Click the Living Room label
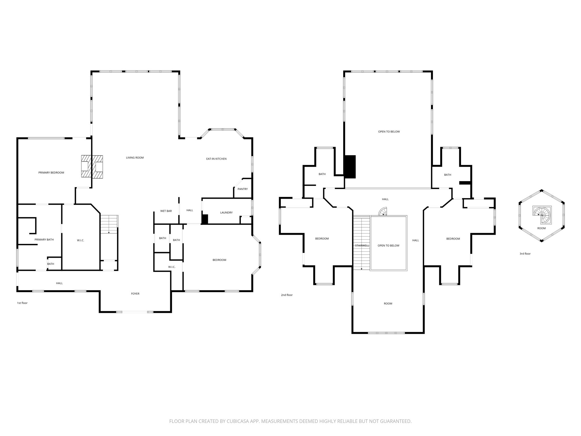(x=135, y=158)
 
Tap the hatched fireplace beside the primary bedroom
(x=92, y=166)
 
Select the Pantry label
(x=243, y=189)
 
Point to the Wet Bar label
(x=166, y=211)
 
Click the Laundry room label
(x=226, y=213)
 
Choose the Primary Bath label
(x=44, y=240)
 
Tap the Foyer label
(x=135, y=294)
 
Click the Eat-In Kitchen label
(x=216, y=159)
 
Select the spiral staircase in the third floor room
(x=542, y=215)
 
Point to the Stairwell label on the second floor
(x=362, y=246)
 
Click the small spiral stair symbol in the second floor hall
(x=383, y=211)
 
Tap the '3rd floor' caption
(x=525, y=254)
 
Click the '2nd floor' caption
(x=287, y=295)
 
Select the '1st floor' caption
(x=22, y=303)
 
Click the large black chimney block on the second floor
(x=350, y=167)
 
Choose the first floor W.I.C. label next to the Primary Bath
(x=81, y=240)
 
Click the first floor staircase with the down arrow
(x=109, y=224)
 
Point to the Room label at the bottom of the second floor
(x=388, y=303)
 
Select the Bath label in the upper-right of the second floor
(x=447, y=175)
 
